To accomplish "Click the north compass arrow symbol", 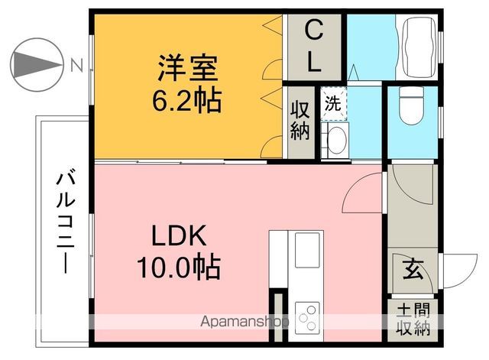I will tap(37, 64).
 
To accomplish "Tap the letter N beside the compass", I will tap(76, 65).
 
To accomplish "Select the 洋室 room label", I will tap(189, 70).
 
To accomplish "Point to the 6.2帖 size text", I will tap(189, 99).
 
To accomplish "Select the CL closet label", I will tap(313, 47).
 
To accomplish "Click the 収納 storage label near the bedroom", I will tap(299, 120).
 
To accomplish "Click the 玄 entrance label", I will tap(413, 270).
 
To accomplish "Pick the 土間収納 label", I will tap(413, 321).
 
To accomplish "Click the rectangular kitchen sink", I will tap(309, 251).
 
